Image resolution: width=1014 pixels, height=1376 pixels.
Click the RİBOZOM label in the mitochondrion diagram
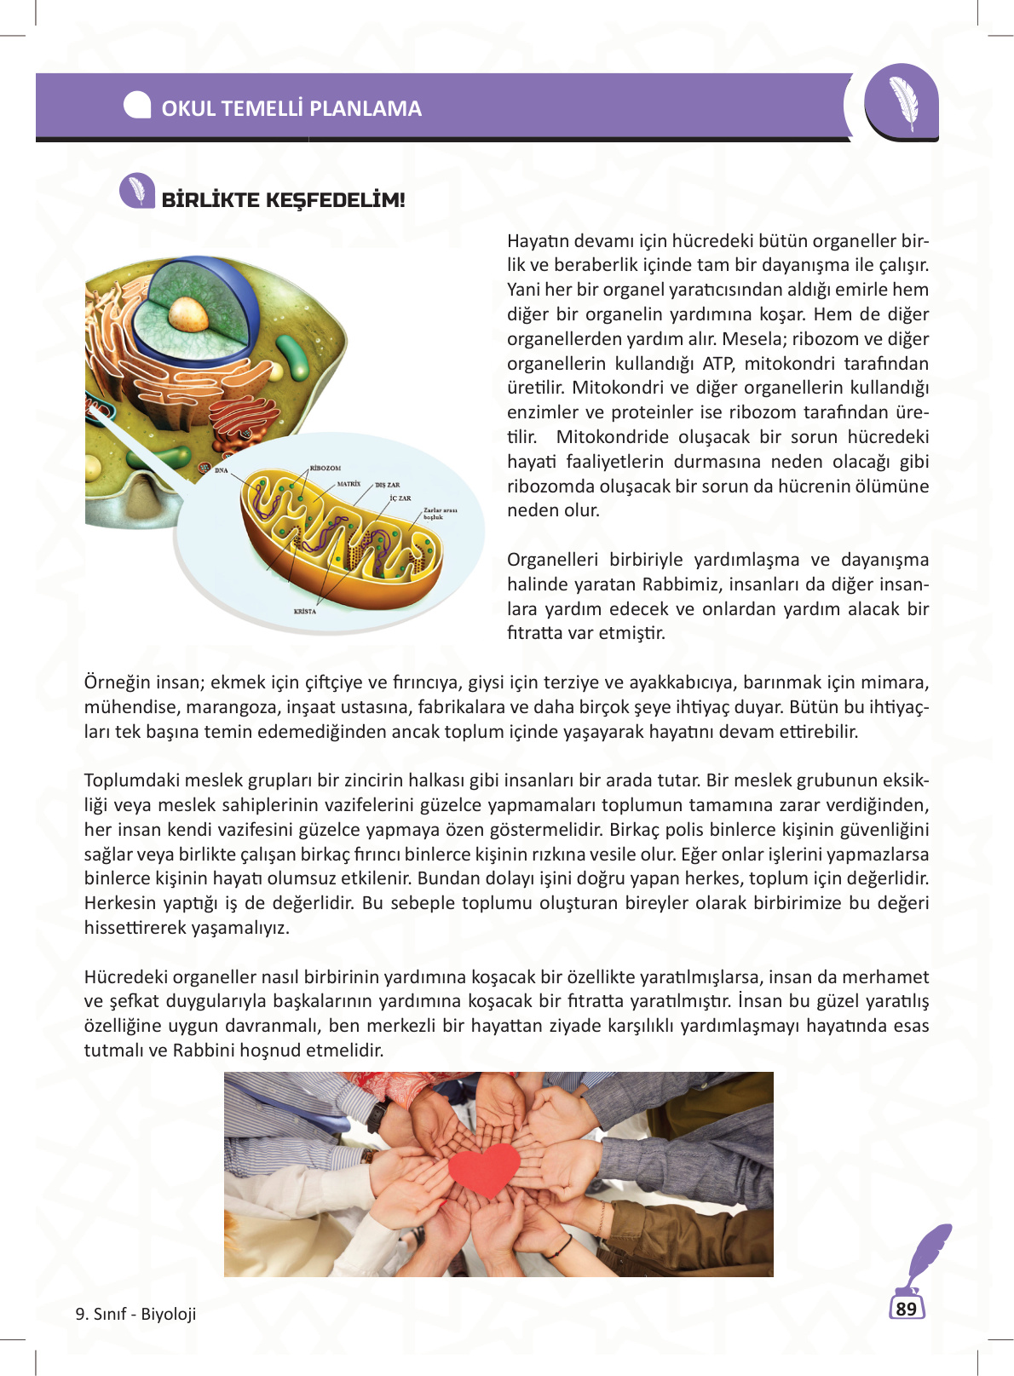tap(325, 468)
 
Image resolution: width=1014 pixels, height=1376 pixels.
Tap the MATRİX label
tap(349, 483)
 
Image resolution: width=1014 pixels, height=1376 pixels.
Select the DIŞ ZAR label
tap(387, 485)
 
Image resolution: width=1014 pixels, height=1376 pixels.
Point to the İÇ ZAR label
tap(400, 498)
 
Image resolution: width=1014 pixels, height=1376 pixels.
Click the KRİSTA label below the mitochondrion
tap(304, 611)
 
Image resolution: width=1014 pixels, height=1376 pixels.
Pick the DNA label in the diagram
tap(222, 470)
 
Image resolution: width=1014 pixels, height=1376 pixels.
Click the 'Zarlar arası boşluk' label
tap(440, 514)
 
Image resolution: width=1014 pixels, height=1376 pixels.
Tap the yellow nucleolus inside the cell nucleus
tap(187, 313)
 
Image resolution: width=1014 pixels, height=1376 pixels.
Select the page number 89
tap(907, 1309)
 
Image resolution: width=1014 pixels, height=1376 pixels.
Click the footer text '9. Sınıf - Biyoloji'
tap(135, 1314)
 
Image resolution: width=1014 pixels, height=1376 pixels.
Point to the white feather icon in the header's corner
tap(903, 101)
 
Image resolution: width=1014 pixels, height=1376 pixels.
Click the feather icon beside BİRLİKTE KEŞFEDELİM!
tap(136, 191)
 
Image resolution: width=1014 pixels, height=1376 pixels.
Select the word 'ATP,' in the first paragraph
tap(718, 363)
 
